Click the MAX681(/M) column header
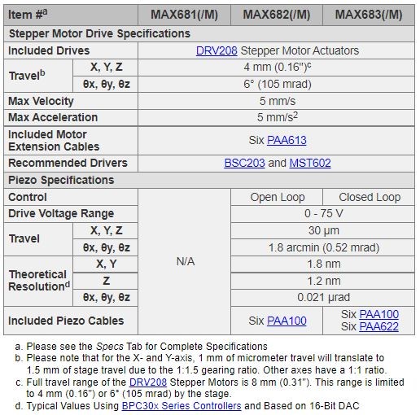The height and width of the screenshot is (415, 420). [x=185, y=14]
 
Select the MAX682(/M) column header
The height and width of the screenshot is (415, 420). [x=277, y=14]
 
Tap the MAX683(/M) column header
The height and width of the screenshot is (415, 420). [x=369, y=14]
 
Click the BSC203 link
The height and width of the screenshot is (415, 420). [x=244, y=163]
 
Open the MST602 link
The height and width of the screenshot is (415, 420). [x=310, y=163]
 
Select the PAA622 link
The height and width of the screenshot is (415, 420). [x=378, y=326]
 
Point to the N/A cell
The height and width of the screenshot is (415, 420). [x=186, y=263]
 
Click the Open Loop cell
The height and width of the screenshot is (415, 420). [x=278, y=197]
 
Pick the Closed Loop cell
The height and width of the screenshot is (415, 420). [x=370, y=197]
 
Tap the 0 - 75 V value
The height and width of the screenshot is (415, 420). [x=323, y=213]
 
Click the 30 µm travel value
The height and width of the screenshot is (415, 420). [x=323, y=230]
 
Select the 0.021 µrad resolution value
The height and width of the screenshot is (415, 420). [x=323, y=297]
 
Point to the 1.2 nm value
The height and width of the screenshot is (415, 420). [x=323, y=280]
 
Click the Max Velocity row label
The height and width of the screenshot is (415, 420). [x=41, y=101]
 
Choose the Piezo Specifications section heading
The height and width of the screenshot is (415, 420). [x=61, y=180]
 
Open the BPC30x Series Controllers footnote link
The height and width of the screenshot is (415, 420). [x=182, y=405]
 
